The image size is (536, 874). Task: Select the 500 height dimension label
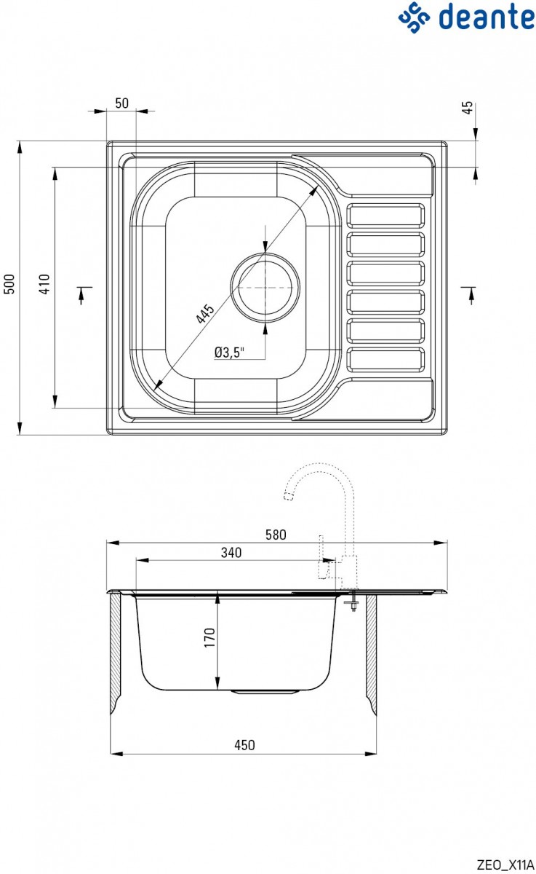[9, 284]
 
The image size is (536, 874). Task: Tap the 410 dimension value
[45, 284]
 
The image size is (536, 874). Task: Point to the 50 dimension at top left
[121, 103]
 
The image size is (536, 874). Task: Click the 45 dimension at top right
[469, 107]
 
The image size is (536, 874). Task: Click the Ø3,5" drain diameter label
[229, 353]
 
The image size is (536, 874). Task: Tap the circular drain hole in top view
[265, 288]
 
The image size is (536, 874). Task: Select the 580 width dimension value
[276, 535]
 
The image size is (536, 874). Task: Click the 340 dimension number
[231, 553]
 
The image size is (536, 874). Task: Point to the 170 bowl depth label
[209, 639]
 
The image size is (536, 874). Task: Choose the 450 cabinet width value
[244, 744]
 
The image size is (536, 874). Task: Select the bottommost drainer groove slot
[386, 360]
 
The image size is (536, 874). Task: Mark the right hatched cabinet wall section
[370, 652]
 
